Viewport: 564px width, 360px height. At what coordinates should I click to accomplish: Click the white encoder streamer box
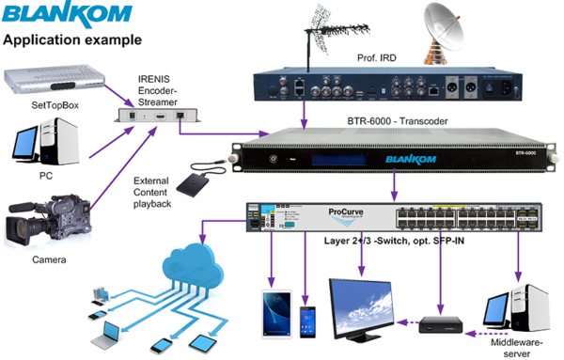pos(160,116)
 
